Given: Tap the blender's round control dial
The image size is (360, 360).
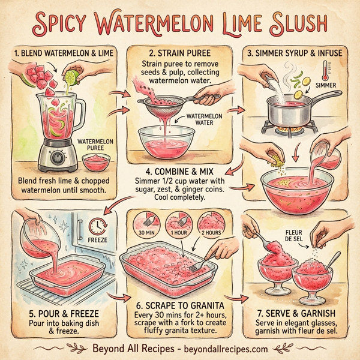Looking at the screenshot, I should [x=57, y=158].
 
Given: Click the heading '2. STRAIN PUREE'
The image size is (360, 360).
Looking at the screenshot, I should [x=180, y=52].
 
